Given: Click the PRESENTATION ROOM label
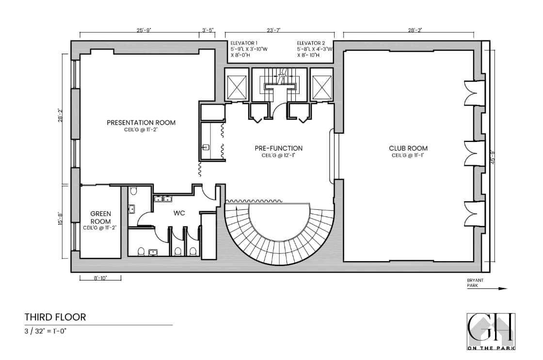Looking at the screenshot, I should [x=141, y=123].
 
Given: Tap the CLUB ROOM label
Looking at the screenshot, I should [x=408, y=148].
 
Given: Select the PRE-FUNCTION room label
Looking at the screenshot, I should [x=278, y=148].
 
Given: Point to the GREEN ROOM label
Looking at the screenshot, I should [x=101, y=217].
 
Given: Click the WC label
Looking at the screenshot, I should [x=179, y=213].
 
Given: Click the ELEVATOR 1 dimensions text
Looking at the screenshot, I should [x=245, y=49].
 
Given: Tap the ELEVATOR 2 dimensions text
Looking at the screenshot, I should [x=315, y=49].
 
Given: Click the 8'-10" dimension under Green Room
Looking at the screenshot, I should [x=100, y=278].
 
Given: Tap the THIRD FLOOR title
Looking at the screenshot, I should [x=55, y=317].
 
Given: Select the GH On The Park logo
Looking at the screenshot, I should [x=491, y=331].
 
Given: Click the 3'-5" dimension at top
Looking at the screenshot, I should [x=208, y=30].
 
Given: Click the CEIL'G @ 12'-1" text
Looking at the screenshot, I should [x=278, y=156].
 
